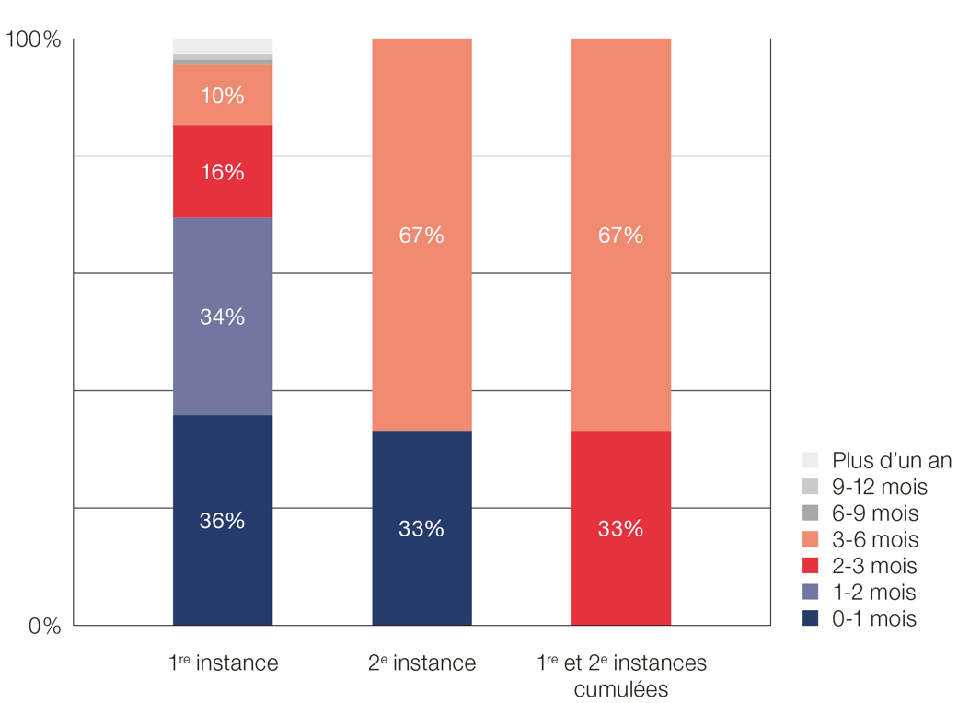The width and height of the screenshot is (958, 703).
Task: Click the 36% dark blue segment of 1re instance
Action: pos(223,520)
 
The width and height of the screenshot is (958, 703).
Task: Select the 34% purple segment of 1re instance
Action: pos(223,316)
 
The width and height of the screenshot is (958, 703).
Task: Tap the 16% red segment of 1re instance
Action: pos(223,171)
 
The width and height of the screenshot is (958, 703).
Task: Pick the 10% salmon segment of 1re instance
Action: pos(223,95)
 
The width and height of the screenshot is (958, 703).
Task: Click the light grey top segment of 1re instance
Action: pos(223,46)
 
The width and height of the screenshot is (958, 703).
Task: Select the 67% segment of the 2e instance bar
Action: pos(421,235)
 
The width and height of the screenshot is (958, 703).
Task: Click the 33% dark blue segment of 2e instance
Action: pos(421,528)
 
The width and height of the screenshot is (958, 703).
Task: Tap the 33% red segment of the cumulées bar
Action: pos(621,528)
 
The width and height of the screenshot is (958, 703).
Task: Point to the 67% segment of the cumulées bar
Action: pos(621,235)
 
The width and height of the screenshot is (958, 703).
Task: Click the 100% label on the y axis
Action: pos(33,40)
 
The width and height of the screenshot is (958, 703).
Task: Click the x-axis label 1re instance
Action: pos(224,663)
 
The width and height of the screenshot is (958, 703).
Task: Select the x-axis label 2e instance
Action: pos(422,663)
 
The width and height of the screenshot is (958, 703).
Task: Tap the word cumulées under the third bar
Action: pos(621,689)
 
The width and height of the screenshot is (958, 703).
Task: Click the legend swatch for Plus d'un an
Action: pos(810,460)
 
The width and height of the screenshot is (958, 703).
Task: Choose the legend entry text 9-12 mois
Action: pos(879,487)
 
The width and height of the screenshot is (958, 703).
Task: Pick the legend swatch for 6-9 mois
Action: pos(810,513)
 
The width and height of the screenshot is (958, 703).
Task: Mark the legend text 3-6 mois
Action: pos(874,539)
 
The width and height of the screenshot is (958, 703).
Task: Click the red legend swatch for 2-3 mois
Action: pos(810,566)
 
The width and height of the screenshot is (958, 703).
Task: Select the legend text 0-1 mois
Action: pos(874,618)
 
